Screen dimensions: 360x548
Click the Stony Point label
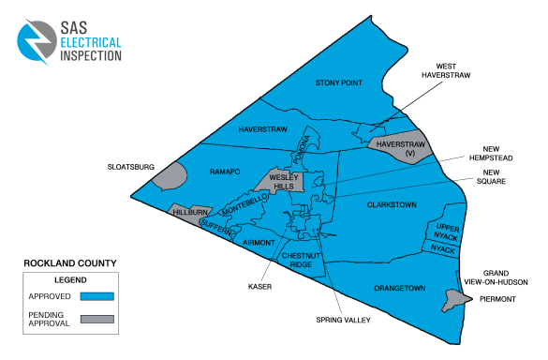(x=339, y=83)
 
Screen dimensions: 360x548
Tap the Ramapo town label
(x=225, y=172)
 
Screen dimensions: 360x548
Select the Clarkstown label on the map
(x=392, y=203)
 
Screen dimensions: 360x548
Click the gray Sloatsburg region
(x=169, y=174)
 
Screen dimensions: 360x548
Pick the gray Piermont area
(x=454, y=299)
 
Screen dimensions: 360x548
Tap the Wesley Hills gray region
(x=282, y=181)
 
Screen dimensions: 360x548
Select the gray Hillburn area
(x=190, y=214)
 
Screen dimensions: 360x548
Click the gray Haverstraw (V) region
(x=401, y=149)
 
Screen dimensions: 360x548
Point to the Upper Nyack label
(x=443, y=231)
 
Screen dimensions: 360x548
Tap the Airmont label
(x=258, y=243)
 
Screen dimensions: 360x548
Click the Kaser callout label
(x=260, y=287)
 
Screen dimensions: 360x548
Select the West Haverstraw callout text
(x=445, y=70)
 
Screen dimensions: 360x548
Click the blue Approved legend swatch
(x=97, y=296)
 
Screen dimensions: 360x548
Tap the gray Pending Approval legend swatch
(x=97, y=319)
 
